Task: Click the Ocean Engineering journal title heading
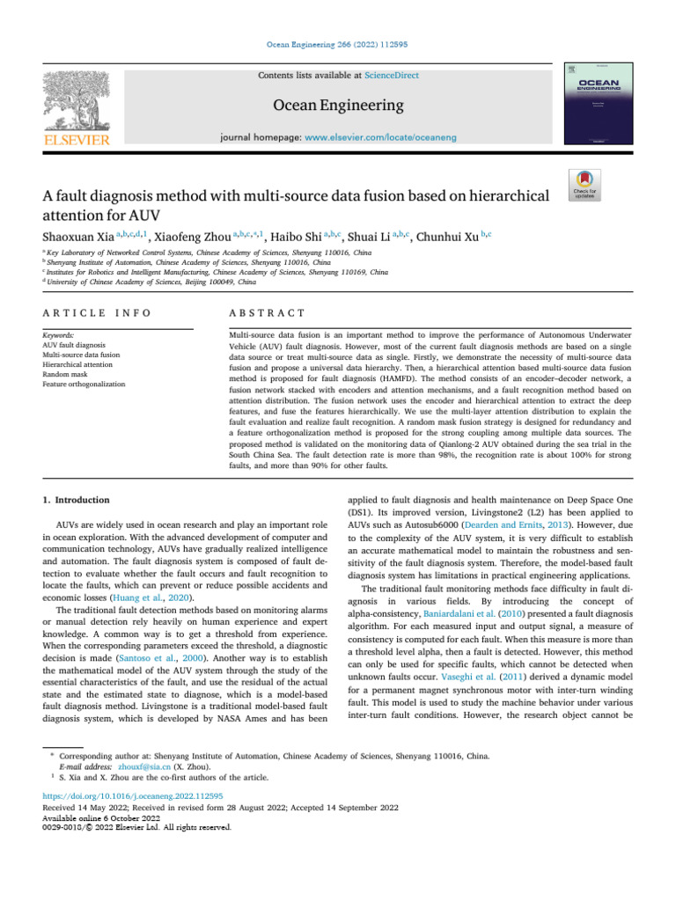[338, 106]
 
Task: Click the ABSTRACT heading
[266, 313]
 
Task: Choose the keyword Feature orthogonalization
[84, 385]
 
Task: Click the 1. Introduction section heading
[77, 501]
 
